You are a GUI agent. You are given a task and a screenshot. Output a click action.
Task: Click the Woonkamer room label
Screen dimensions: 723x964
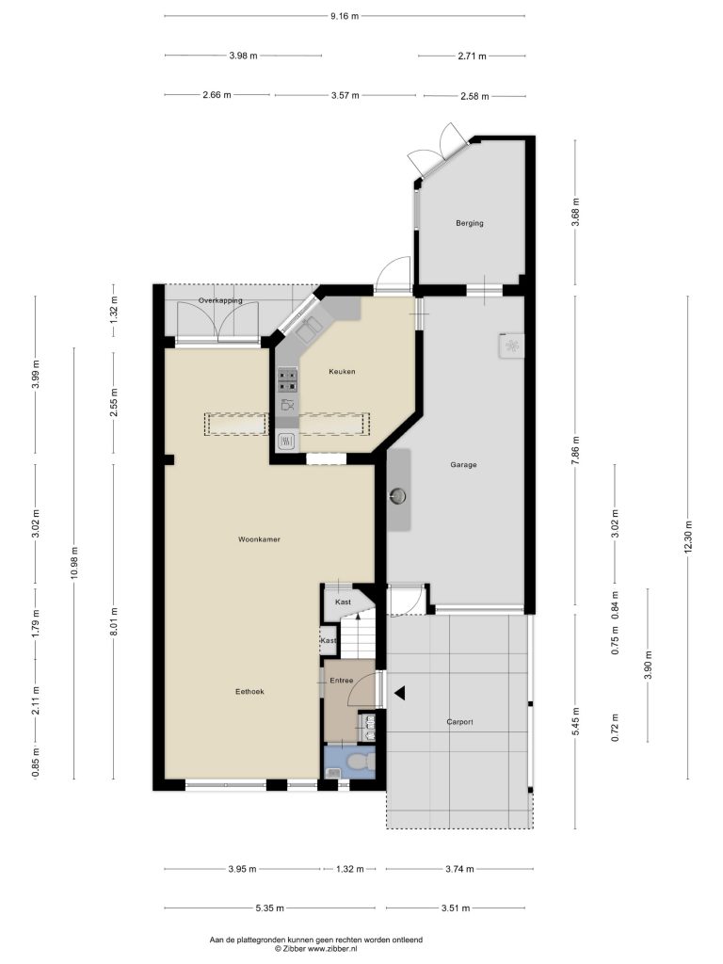(260, 539)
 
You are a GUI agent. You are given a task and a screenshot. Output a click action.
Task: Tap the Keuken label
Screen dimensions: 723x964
(342, 371)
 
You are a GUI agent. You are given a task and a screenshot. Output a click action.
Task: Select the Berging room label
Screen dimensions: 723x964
(469, 223)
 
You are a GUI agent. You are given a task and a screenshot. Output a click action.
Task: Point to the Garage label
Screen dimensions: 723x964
(463, 465)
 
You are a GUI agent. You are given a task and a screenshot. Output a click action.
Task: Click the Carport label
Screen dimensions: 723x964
(459, 722)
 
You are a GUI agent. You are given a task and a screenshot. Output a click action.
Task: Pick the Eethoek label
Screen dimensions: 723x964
(249, 692)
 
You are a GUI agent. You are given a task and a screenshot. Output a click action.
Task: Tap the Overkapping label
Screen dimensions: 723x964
(220, 300)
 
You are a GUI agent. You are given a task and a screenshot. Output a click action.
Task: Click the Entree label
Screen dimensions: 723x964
(341, 681)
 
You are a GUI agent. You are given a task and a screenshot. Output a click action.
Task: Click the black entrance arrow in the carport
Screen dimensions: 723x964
(400, 693)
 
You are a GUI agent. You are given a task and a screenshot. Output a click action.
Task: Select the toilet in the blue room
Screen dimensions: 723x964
(360, 763)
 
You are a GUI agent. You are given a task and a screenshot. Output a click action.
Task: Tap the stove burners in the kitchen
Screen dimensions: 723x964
(288, 379)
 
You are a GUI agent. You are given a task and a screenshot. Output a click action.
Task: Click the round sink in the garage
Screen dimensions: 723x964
(399, 495)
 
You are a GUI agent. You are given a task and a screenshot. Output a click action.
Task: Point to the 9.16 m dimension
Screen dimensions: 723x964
(345, 17)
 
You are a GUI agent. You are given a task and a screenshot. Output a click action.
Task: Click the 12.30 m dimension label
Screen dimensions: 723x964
(688, 538)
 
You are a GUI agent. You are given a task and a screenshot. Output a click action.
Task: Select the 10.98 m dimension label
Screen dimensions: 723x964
(74, 563)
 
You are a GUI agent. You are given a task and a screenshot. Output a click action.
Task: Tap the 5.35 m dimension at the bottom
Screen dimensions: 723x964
(269, 908)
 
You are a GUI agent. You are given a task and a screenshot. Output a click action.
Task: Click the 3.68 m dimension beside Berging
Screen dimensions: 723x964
(575, 212)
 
